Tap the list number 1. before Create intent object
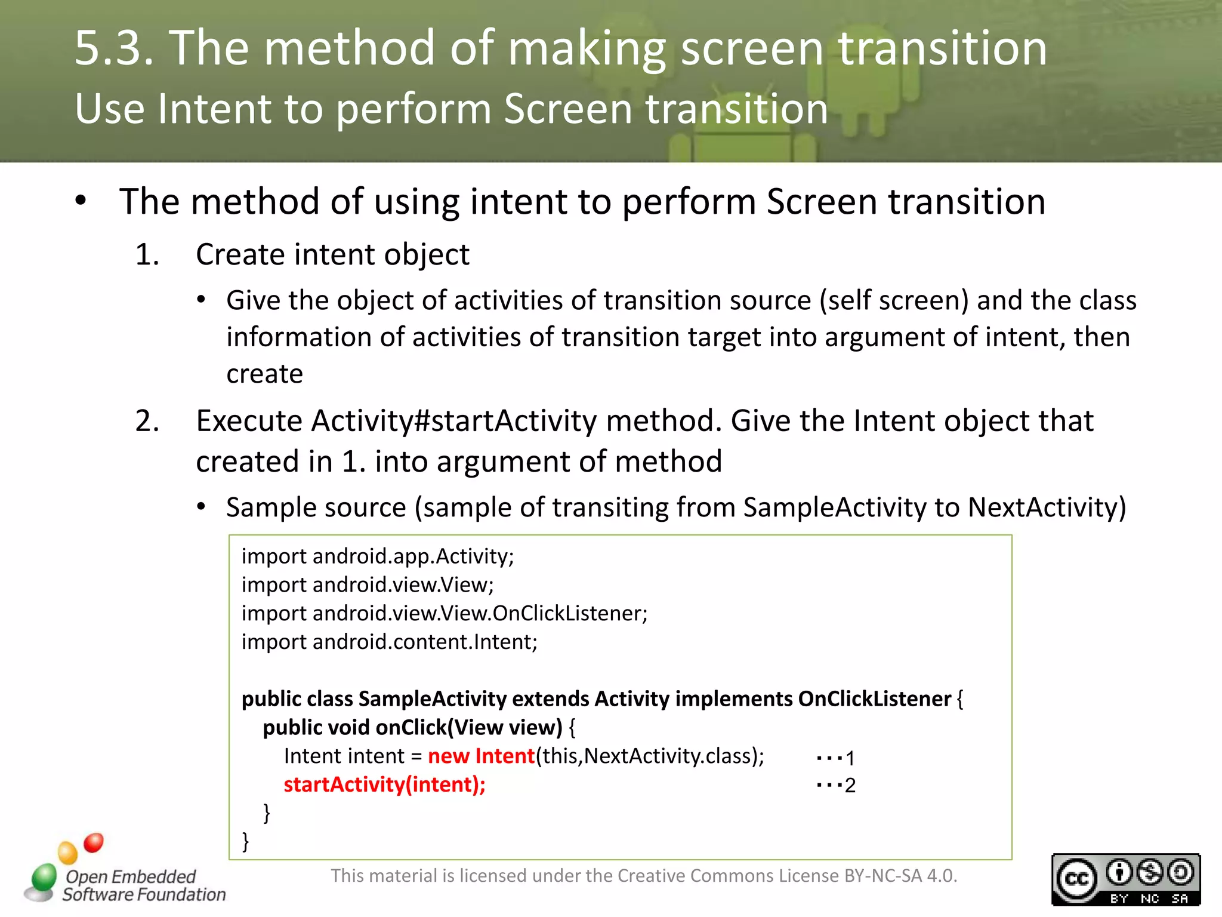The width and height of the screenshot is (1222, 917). (147, 255)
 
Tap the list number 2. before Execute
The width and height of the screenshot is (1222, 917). (147, 421)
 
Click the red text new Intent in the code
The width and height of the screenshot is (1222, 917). (481, 756)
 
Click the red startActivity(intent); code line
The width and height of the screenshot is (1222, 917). (384, 784)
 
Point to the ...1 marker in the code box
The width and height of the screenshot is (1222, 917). (835, 758)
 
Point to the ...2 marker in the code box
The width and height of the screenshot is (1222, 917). (835, 785)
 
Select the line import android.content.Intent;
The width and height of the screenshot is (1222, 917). (389, 642)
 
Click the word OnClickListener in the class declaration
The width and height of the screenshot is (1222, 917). (874, 698)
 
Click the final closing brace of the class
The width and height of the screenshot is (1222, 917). (245, 841)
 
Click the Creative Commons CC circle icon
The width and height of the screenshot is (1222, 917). (1076, 879)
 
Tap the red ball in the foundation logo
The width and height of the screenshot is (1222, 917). (94, 842)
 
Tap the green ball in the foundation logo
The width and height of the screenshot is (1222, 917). (44, 877)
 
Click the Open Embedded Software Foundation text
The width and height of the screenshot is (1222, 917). (143, 885)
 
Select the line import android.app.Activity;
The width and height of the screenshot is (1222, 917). (377, 556)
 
